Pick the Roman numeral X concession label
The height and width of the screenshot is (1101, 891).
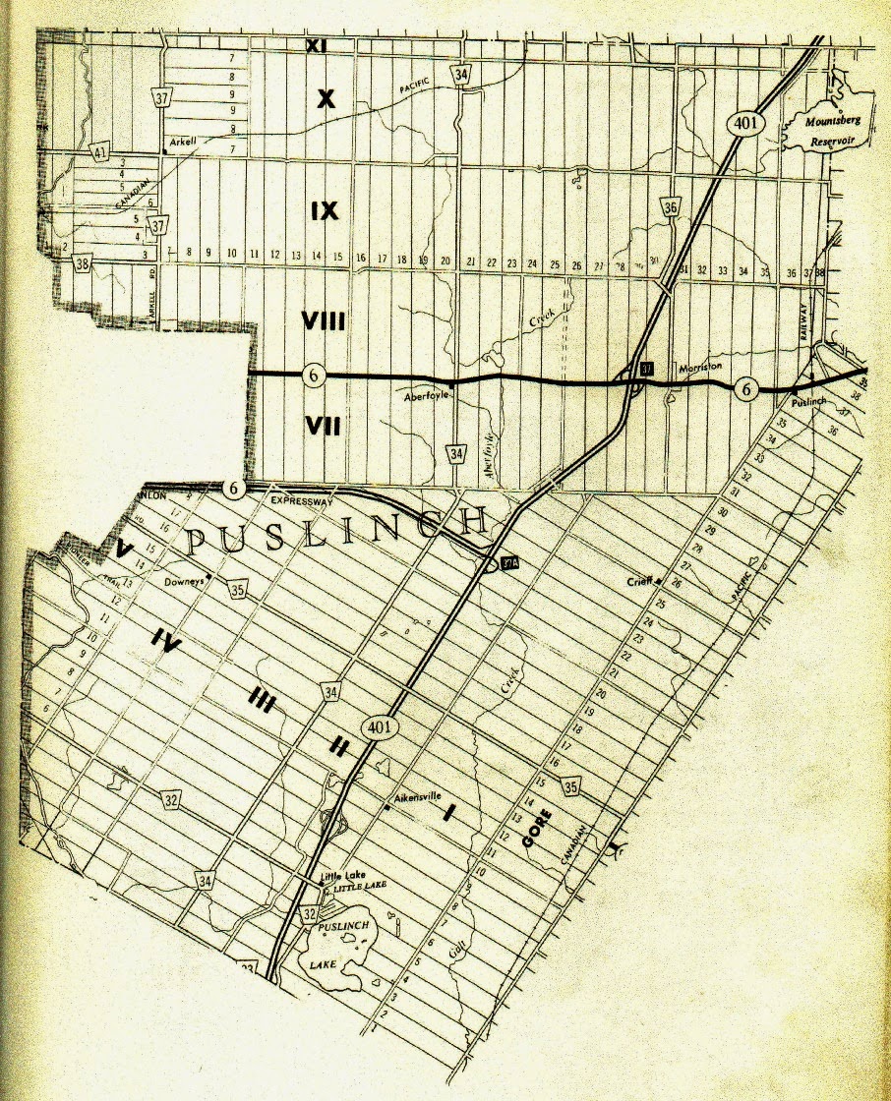(x=326, y=97)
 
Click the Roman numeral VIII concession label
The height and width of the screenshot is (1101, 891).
(x=326, y=320)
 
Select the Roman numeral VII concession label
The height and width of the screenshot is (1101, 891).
(x=324, y=425)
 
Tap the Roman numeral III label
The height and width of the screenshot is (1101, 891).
(x=261, y=698)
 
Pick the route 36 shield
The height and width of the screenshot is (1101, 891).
(x=672, y=206)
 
